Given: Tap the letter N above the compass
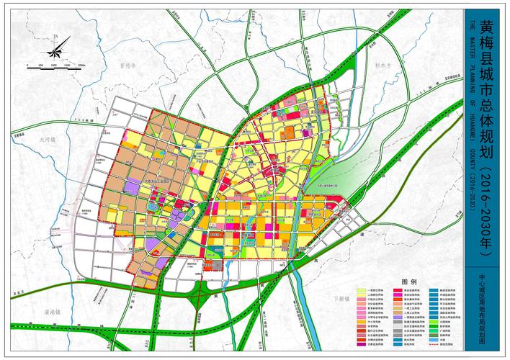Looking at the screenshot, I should pos(54,34).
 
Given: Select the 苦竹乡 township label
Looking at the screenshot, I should pos(127,65).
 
